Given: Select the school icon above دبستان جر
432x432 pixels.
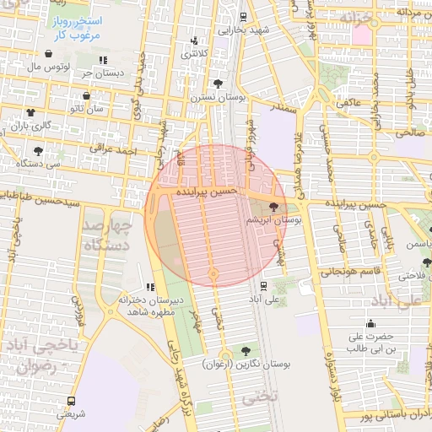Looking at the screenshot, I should click(103, 60).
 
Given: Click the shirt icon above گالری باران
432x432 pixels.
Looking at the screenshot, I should click(30, 112).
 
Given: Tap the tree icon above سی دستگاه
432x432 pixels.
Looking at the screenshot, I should click(38, 151).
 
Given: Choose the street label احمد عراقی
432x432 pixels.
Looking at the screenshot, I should click(114, 149).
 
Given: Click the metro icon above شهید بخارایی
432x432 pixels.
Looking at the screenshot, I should click(243, 16).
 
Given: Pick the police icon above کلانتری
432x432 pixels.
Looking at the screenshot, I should click(195, 40).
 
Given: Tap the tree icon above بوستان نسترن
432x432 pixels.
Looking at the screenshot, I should click(219, 84).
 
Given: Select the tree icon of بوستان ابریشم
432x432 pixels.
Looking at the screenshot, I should click(273, 207).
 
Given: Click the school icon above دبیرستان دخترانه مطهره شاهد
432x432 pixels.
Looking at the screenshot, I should click(150, 287).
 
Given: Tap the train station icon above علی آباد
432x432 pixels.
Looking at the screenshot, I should click(264, 285).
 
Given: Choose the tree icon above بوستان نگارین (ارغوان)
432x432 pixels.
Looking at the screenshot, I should click(246, 350).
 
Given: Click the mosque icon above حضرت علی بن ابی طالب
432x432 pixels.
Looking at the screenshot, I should click(373, 324).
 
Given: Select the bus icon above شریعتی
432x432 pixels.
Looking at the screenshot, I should click(70, 401).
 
